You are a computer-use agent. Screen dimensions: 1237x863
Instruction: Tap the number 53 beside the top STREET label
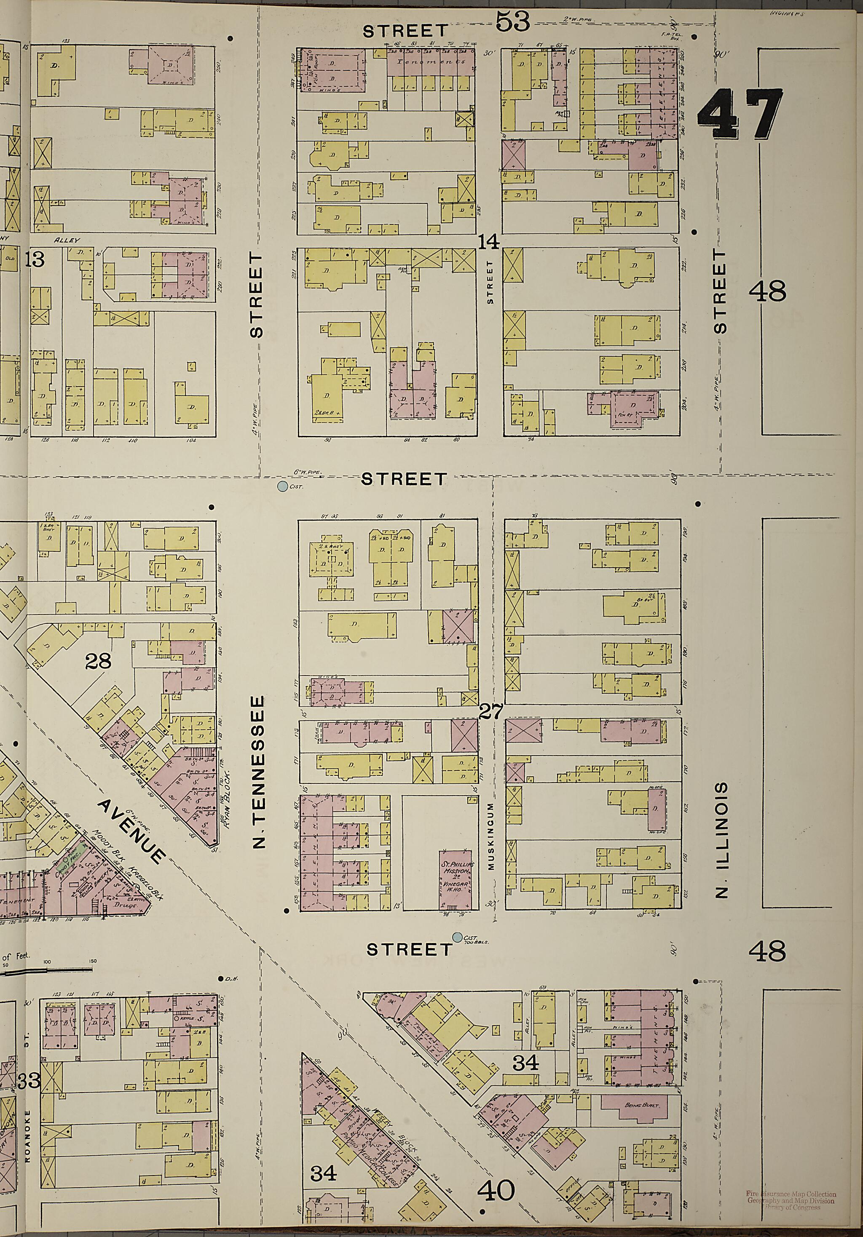click(513, 23)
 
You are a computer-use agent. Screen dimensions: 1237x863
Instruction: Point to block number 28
click(98, 660)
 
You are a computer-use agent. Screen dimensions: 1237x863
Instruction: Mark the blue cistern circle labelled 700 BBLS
click(458, 938)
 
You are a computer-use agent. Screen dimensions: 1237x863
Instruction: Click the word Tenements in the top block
click(431, 62)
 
